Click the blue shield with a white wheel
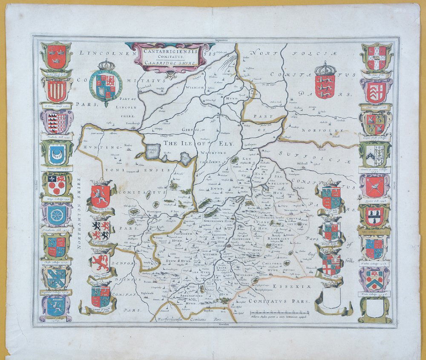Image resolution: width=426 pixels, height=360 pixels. (x=56, y=216)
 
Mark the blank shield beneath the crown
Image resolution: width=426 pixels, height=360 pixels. (x=330, y=298)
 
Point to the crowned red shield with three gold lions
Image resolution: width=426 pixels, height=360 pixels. (x=325, y=81)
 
